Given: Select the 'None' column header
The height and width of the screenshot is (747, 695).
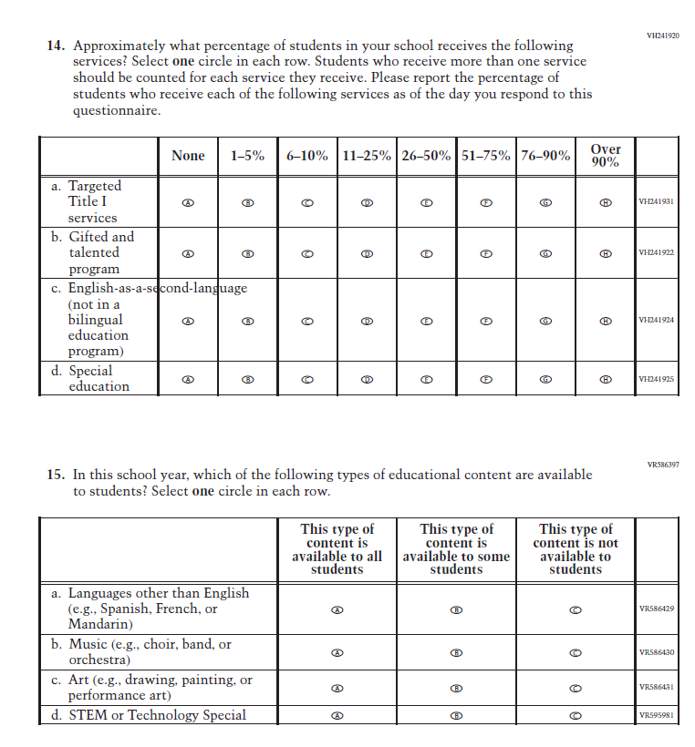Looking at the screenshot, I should point(188,156).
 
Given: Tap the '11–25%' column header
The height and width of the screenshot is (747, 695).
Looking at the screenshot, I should point(367,156).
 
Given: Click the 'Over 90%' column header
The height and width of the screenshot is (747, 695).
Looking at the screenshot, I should point(605,156).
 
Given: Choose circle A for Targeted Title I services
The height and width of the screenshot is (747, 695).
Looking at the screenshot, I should point(188,202).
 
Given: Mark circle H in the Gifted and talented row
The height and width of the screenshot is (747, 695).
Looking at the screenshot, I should point(605,253).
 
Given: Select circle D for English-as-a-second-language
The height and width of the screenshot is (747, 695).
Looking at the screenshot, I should point(367,321).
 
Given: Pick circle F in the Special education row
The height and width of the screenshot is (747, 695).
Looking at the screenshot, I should point(486,379).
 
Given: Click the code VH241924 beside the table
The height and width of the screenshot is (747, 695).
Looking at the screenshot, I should point(656,321).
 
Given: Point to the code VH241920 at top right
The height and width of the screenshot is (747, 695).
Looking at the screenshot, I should point(663,36).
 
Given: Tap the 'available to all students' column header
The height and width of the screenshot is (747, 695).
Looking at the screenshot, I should point(337,549).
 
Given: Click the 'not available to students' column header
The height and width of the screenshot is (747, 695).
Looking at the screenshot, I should point(576,549).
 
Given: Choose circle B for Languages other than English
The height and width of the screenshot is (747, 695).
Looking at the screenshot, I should point(457,609).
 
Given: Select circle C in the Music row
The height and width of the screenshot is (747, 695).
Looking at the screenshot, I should point(576,652).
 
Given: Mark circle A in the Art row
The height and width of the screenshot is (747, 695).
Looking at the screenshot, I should point(337,688).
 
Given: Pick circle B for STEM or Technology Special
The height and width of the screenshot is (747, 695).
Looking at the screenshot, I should point(457,716).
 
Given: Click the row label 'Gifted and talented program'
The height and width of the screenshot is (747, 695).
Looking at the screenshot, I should point(100,252).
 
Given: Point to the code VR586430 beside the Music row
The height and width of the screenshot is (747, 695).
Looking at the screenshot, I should point(656,652).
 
